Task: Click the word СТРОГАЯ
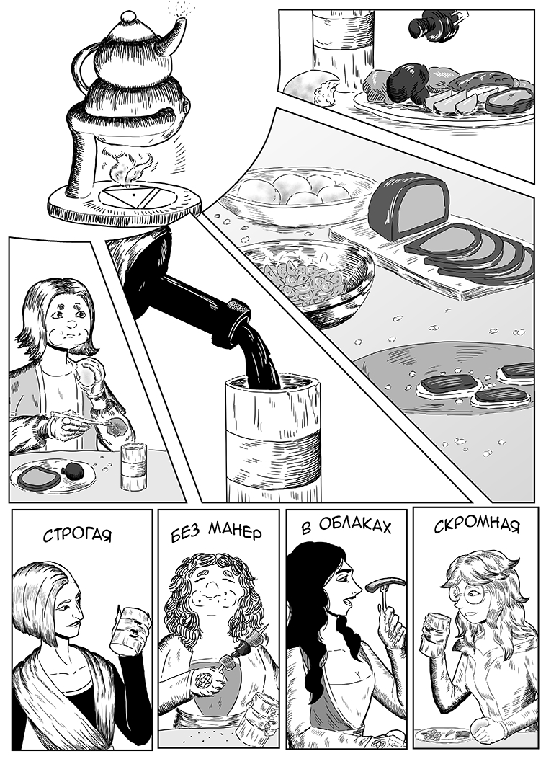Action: click(x=77, y=535)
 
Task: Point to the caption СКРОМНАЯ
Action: click(x=477, y=525)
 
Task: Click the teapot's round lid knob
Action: click(x=129, y=17)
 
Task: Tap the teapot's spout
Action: click(x=172, y=36)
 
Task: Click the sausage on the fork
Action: click(x=385, y=585)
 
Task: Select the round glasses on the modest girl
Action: click(x=467, y=593)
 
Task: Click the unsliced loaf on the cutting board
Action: click(x=408, y=207)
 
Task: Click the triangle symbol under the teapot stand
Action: click(x=124, y=197)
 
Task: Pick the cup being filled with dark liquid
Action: click(x=273, y=438)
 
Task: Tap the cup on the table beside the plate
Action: click(x=133, y=467)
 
